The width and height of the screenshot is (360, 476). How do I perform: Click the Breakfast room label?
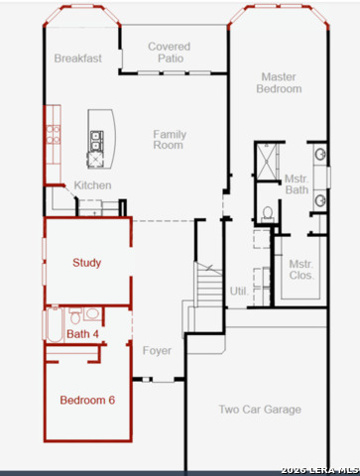click(78, 59)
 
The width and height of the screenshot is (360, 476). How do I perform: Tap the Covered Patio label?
click(170, 53)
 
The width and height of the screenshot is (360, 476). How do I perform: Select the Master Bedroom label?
click(279, 83)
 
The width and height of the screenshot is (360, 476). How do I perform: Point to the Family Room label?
click(170, 140)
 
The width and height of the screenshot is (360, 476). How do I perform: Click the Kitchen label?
click(92, 185)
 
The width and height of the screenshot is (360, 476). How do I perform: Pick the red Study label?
click(87, 263)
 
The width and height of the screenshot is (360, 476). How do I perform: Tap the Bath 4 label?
click(82, 334)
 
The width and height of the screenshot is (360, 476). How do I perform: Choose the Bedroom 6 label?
click(87, 400)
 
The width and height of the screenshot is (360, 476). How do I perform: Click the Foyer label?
click(157, 351)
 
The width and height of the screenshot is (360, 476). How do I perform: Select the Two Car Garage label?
click(260, 410)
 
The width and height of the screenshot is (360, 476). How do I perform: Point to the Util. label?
click(239, 292)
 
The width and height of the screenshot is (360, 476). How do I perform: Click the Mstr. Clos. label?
click(301, 270)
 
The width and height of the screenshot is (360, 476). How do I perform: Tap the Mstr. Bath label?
click(297, 184)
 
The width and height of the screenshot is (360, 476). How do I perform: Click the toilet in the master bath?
click(268, 214)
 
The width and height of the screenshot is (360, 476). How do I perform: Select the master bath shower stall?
click(267, 162)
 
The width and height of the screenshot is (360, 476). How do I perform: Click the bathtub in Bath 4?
click(55, 325)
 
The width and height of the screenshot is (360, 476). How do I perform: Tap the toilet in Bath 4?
click(75, 316)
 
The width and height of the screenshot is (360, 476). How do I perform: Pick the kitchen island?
click(101, 139)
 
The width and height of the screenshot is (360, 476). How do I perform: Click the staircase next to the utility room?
click(208, 285)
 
